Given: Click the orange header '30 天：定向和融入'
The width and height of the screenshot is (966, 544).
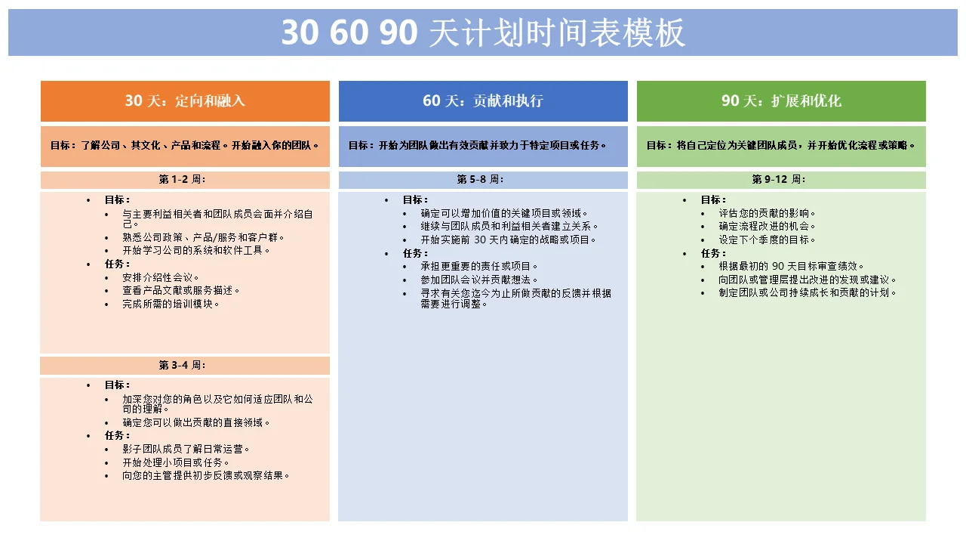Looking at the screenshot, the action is [x=185, y=101].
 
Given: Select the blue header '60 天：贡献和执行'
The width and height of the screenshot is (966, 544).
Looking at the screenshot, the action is [x=483, y=101].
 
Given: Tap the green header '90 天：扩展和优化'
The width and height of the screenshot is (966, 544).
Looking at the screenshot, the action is [x=781, y=101].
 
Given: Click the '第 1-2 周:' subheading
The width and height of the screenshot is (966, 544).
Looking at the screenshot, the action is [x=182, y=180].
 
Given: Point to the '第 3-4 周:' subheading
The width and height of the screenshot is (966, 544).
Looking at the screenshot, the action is [x=182, y=365].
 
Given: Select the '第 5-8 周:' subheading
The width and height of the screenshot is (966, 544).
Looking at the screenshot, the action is [x=480, y=180].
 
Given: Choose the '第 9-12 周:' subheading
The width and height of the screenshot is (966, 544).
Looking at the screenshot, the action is [x=778, y=180].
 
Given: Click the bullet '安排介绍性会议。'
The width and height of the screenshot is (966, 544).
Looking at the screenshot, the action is [x=161, y=277].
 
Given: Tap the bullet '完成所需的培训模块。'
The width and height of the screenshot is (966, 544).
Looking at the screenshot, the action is [x=171, y=304].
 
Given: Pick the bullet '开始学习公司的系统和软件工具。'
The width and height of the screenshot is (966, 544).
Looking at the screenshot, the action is [x=196, y=250].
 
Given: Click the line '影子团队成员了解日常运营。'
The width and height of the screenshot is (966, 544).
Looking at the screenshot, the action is [x=186, y=449].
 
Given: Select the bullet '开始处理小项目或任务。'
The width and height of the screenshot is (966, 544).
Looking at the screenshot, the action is [x=176, y=462].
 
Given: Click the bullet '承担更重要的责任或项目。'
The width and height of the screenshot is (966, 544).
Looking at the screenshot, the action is [x=479, y=267].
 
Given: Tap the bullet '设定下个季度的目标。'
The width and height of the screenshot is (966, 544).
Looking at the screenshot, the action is [x=767, y=240].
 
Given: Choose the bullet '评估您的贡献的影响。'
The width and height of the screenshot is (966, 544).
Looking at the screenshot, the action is [x=767, y=213].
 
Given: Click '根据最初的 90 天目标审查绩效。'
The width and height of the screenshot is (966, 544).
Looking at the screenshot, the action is [x=791, y=267].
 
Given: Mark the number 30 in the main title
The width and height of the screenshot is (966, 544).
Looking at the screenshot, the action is [x=300, y=32].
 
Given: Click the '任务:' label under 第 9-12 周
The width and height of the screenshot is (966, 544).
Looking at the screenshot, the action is [x=713, y=253].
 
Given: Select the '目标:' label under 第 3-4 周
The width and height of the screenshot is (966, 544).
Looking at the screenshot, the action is [x=117, y=385].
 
